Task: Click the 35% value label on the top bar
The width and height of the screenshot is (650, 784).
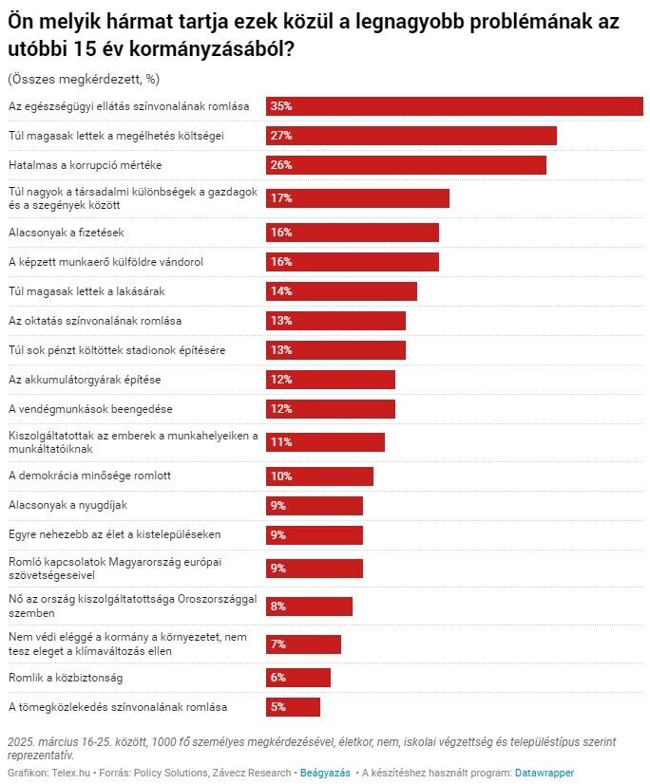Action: tap(280, 106)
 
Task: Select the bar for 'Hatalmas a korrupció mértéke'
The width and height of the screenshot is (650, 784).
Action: tap(406, 165)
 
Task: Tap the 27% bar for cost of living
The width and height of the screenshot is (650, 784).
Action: tap(411, 136)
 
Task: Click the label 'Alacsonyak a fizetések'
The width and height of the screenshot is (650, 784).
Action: tap(66, 233)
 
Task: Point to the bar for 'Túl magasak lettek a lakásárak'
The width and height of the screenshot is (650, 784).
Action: tap(341, 291)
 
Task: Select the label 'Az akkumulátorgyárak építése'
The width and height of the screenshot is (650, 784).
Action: tap(85, 380)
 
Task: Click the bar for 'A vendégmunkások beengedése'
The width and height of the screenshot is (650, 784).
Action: tap(330, 409)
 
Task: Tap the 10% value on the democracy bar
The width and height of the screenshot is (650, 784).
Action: tap(280, 476)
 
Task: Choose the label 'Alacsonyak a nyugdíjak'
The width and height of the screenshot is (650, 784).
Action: tap(67, 505)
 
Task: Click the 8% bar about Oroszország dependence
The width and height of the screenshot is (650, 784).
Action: tap(309, 607)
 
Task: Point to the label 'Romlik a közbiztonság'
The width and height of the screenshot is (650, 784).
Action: tap(66, 678)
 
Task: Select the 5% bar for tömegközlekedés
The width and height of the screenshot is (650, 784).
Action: tap(293, 707)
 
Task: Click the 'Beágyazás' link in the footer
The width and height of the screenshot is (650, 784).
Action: tap(325, 773)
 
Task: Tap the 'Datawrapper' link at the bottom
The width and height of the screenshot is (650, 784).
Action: tap(545, 773)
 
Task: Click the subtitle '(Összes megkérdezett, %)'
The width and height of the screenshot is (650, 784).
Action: tap(69, 79)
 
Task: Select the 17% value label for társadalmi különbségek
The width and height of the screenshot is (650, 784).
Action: tap(280, 198)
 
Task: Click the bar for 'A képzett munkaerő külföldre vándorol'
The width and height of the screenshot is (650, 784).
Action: tap(352, 262)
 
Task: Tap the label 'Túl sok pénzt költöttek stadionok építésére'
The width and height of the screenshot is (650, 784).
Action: tap(116, 350)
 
